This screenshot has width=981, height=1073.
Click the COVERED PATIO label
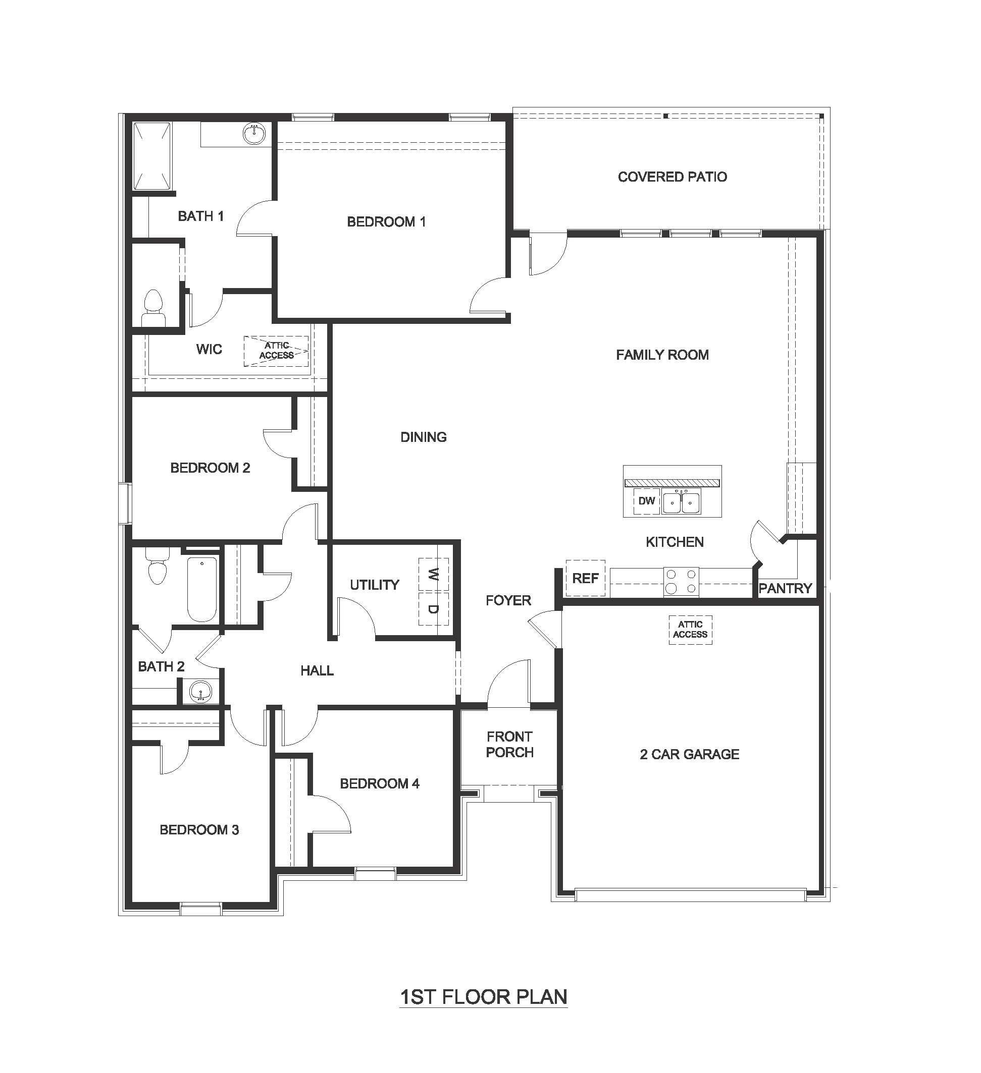[672, 177]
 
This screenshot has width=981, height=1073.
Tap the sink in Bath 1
[255, 133]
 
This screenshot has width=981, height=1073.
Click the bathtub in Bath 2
[202, 589]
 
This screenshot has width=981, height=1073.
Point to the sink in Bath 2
[200, 693]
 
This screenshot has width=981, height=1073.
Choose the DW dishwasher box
[646, 501]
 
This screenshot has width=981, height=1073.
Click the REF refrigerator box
[585, 578]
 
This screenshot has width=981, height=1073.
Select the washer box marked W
[434, 574]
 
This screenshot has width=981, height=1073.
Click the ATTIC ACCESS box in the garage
[690, 630]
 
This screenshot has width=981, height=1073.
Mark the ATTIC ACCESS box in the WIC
[276, 351]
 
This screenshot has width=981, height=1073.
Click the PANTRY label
[785, 588]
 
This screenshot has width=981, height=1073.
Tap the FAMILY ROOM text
[662, 355]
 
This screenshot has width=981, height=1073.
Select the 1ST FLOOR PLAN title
[483, 997]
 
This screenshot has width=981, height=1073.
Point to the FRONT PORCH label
[509, 745]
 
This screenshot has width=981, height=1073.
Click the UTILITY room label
[375, 585]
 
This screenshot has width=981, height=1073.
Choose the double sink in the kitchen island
[682, 501]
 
